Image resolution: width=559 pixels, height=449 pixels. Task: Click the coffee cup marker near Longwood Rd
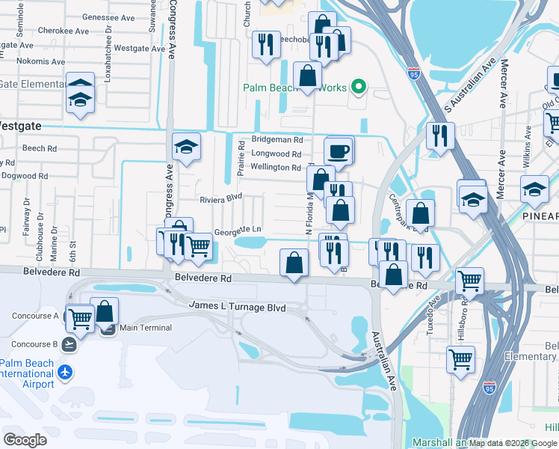click(x=339, y=152)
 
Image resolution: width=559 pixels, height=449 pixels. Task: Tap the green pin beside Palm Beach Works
click(x=358, y=88)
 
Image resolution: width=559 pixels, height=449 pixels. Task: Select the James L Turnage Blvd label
click(x=238, y=307)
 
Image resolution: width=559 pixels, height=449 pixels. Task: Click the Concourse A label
click(x=35, y=316)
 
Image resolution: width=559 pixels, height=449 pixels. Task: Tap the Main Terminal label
click(x=145, y=328)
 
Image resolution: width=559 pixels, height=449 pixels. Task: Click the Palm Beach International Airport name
click(x=28, y=373)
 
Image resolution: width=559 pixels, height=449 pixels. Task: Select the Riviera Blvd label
click(x=221, y=199)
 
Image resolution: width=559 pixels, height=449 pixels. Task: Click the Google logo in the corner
click(x=25, y=440)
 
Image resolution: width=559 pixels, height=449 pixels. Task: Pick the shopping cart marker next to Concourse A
click(x=80, y=319)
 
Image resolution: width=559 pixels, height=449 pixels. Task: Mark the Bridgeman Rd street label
click(x=277, y=139)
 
